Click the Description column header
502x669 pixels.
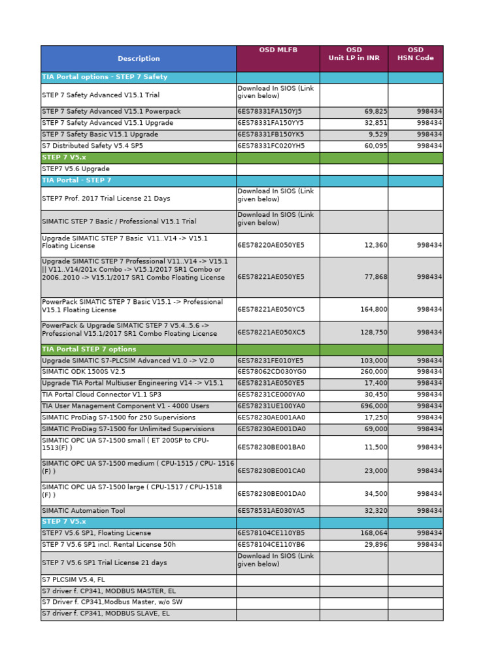point(139,59)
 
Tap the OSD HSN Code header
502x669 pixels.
point(415,54)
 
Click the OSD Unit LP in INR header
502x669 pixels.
point(354,54)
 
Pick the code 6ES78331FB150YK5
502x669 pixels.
point(271,135)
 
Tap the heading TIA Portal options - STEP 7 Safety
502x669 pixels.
point(105,77)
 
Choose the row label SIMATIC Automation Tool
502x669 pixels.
point(83,511)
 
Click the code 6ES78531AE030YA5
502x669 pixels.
point(271,511)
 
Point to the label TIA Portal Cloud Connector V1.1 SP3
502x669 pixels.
point(101,395)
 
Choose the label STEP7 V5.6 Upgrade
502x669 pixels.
point(76,169)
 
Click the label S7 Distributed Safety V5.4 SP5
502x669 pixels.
point(92,146)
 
